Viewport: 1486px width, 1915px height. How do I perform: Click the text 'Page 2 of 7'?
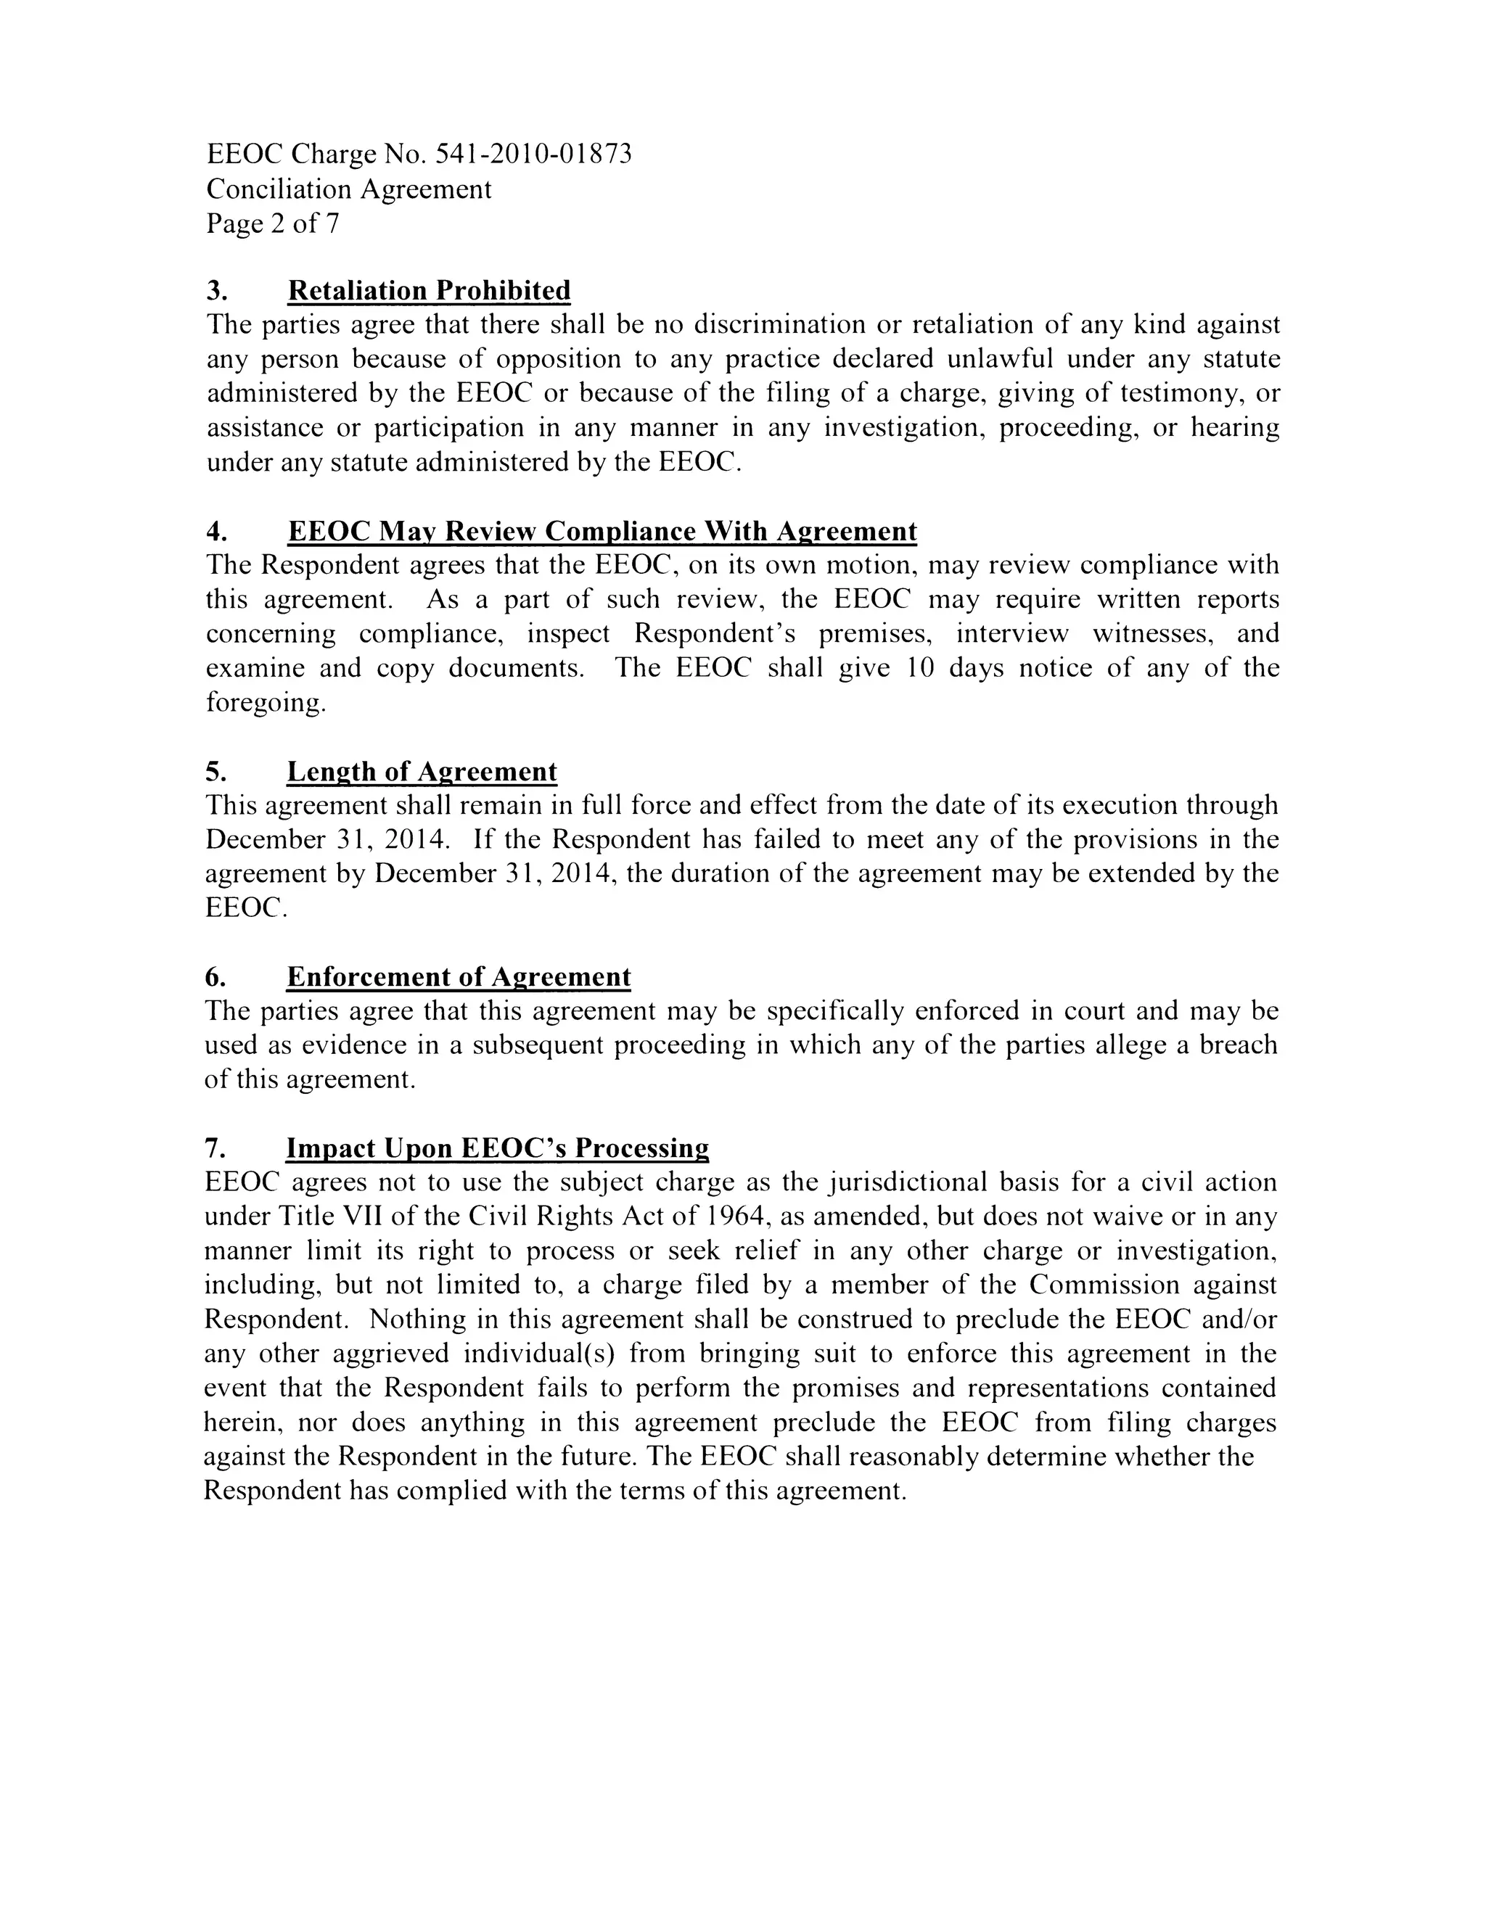[272, 223]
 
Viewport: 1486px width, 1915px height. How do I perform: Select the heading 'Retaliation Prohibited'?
[429, 290]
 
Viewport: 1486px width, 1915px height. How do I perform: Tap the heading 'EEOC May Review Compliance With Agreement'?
[602, 532]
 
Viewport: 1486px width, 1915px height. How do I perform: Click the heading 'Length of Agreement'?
[422, 772]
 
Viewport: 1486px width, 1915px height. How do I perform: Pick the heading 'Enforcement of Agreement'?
[459, 977]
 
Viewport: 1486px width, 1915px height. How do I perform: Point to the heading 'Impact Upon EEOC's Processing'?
[497, 1149]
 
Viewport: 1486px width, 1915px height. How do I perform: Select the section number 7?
[214, 1149]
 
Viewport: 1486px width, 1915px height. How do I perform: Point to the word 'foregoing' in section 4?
[264, 703]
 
